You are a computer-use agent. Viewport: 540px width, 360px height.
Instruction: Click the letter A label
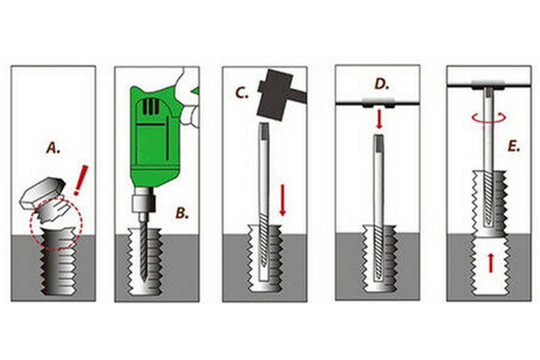point(53,148)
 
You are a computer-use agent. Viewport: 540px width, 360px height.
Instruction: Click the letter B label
point(182,213)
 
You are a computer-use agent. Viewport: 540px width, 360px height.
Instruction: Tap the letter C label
point(242,93)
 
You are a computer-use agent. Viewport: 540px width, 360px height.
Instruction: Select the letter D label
point(381,84)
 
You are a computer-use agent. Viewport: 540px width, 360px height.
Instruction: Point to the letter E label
point(514,147)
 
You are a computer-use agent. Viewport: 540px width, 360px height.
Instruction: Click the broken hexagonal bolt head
point(42,193)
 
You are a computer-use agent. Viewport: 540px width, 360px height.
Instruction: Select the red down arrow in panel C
point(283,200)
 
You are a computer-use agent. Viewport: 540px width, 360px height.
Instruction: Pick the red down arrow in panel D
point(379,119)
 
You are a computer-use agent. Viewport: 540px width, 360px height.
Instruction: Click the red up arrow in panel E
point(491,263)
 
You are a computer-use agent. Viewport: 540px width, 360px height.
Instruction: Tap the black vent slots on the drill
point(151,107)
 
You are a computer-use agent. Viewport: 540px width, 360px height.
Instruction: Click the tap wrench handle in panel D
point(378,103)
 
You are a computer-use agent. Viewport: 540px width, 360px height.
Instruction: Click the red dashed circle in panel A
point(56,224)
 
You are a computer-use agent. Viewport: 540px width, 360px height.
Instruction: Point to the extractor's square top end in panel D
point(379,140)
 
